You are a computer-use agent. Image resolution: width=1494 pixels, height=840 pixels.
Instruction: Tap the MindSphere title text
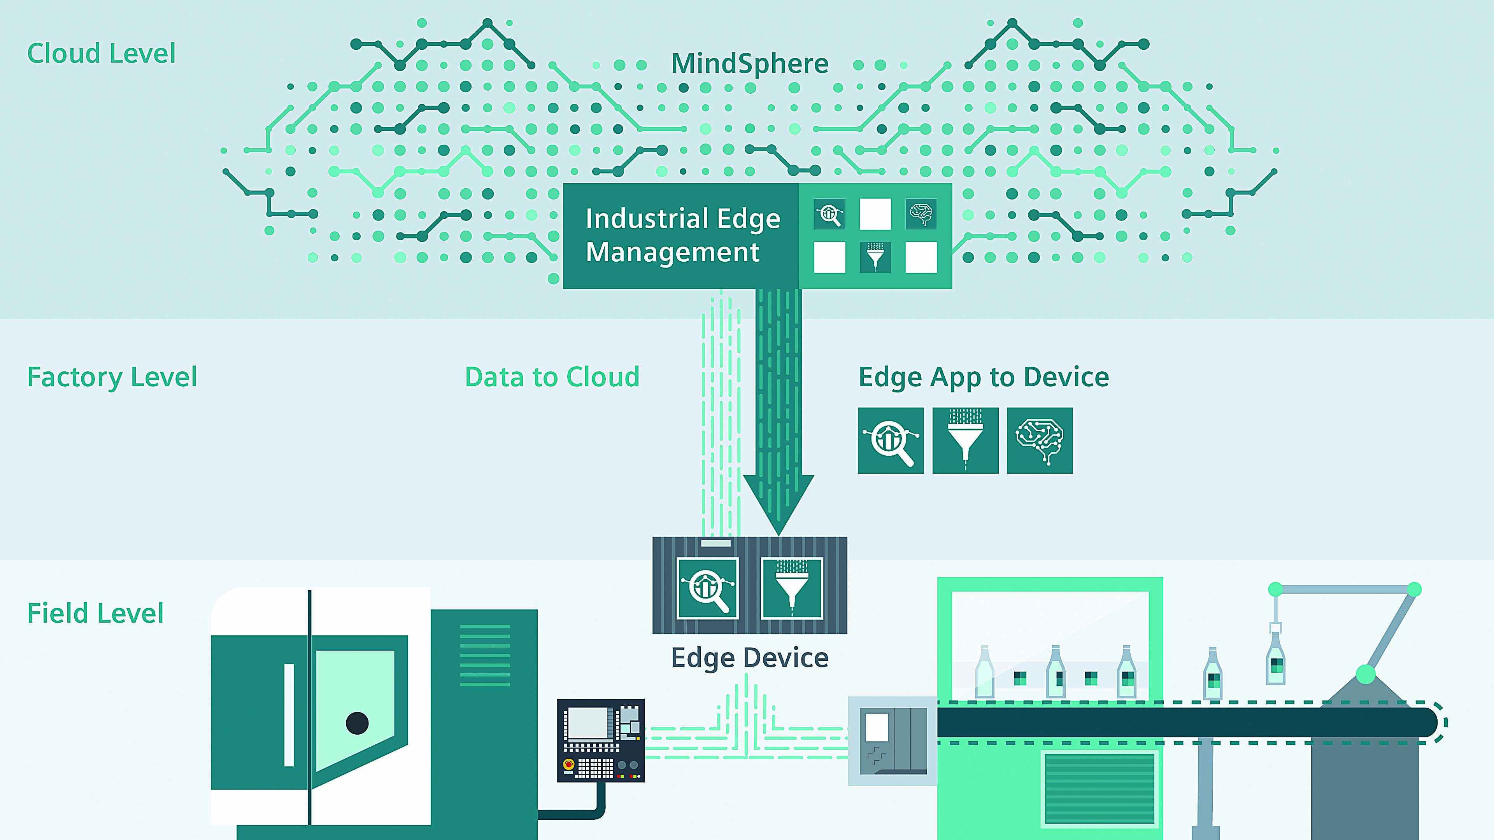click(x=749, y=63)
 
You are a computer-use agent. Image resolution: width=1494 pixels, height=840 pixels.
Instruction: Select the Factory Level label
click(x=112, y=377)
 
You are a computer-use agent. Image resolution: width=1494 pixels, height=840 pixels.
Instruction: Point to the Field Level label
click(x=96, y=613)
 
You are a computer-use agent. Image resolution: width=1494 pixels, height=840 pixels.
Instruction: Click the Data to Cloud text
click(x=552, y=377)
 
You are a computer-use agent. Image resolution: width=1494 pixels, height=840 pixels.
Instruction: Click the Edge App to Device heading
click(x=983, y=377)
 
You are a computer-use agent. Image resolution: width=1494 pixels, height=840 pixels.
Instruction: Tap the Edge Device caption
click(x=749, y=657)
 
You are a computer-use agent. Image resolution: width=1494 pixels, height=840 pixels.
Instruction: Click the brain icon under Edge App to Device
click(x=1039, y=441)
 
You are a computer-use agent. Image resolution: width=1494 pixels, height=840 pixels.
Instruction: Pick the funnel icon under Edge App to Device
click(x=965, y=441)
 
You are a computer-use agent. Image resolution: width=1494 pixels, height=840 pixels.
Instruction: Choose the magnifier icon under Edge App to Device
click(x=890, y=441)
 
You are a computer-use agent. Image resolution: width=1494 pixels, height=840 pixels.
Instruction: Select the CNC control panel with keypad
click(x=601, y=740)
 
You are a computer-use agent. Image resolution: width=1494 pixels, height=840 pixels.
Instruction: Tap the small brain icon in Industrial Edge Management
click(x=921, y=214)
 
